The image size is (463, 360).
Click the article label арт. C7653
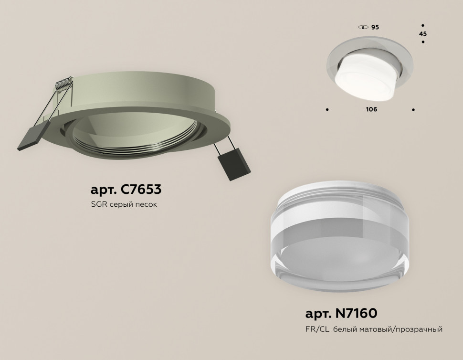point(126,190)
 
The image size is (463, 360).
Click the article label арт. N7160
point(341,313)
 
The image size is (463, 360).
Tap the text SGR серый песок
point(124,205)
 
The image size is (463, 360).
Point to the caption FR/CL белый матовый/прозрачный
point(374,329)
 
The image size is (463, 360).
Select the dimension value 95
point(375,27)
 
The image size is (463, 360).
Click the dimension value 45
point(423,34)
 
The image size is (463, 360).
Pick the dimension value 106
point(371,109)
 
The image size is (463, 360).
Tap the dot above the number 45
point(423,25)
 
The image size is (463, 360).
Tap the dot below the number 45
point(423,43)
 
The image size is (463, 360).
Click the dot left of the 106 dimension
point(327,110)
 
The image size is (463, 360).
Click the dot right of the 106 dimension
point(413,110)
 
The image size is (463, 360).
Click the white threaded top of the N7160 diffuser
point(329,200)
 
